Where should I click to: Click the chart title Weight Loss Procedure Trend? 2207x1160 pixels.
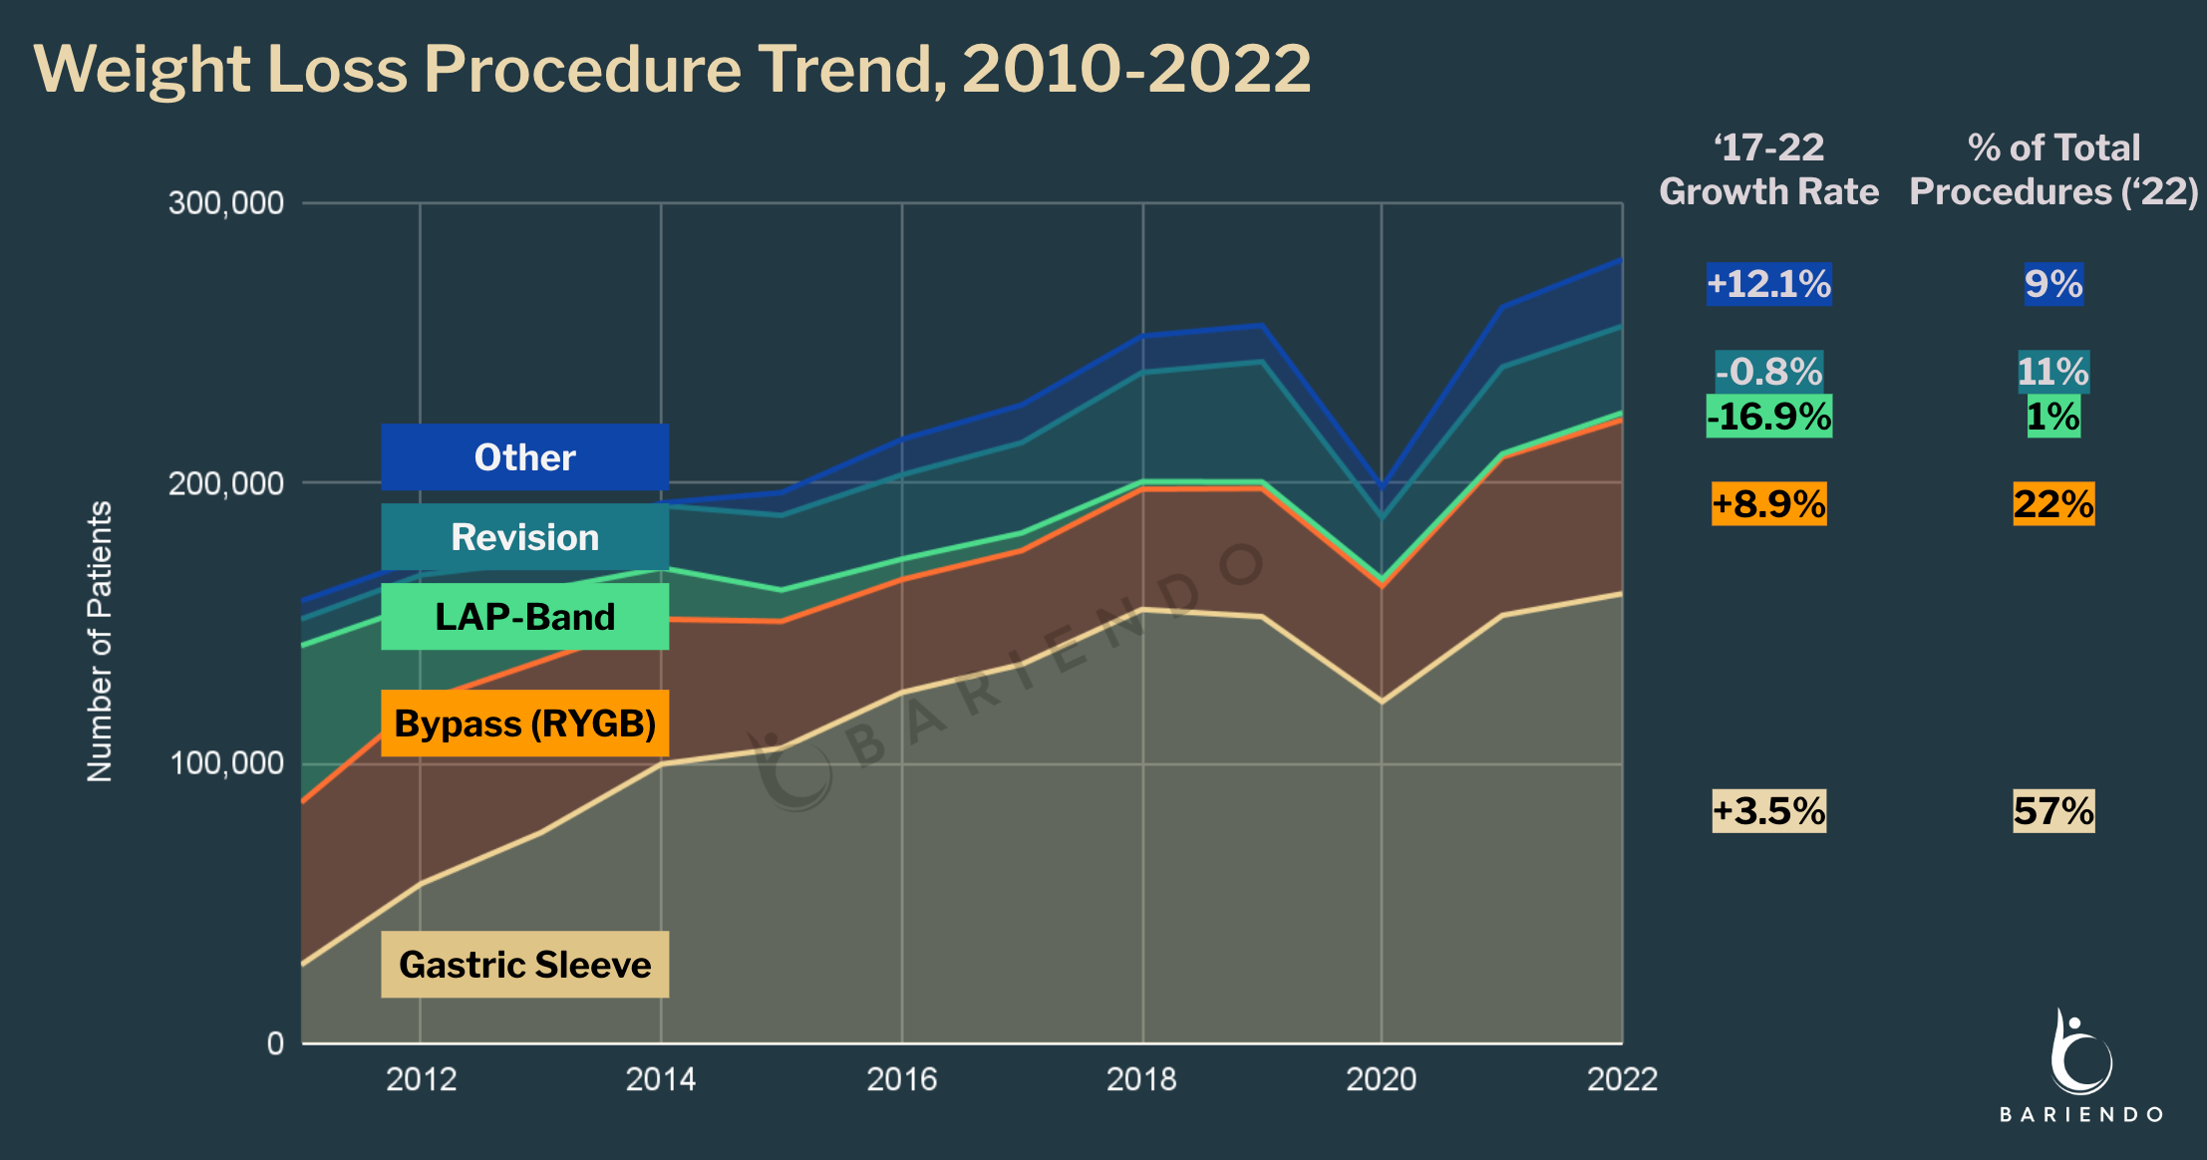click(672, 69)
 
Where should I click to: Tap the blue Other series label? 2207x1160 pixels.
click(524, 457)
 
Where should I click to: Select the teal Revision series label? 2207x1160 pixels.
click(524, 537)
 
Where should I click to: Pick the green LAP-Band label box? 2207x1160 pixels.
click(524, 617)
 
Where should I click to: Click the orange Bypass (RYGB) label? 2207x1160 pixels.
click(524, 724)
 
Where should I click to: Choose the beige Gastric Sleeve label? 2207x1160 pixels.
click(524, 965)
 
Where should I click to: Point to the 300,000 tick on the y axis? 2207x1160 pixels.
click(226, 203)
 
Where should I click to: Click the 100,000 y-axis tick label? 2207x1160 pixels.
click(226, 763)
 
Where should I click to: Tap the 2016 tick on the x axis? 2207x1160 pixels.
click(901, 1079)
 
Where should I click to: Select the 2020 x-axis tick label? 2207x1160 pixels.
click(1381, 1079)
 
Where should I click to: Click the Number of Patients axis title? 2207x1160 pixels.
click(100, 641)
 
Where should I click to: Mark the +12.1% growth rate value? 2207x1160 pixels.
click(1768, 284)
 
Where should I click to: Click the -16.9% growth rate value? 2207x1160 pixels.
click(1768, 417)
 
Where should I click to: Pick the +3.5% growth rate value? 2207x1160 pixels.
click(1768, 811)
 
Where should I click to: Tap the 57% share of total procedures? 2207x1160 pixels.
click(2053, 811)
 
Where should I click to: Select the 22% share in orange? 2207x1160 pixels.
click(2053, 504)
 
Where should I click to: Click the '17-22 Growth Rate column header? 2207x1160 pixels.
click(1768, 169)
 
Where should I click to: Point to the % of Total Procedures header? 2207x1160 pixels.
click(2053, 169)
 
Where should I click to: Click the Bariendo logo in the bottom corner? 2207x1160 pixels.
click(2081, 1066)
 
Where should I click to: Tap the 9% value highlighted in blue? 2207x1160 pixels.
click(2053, 284)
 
